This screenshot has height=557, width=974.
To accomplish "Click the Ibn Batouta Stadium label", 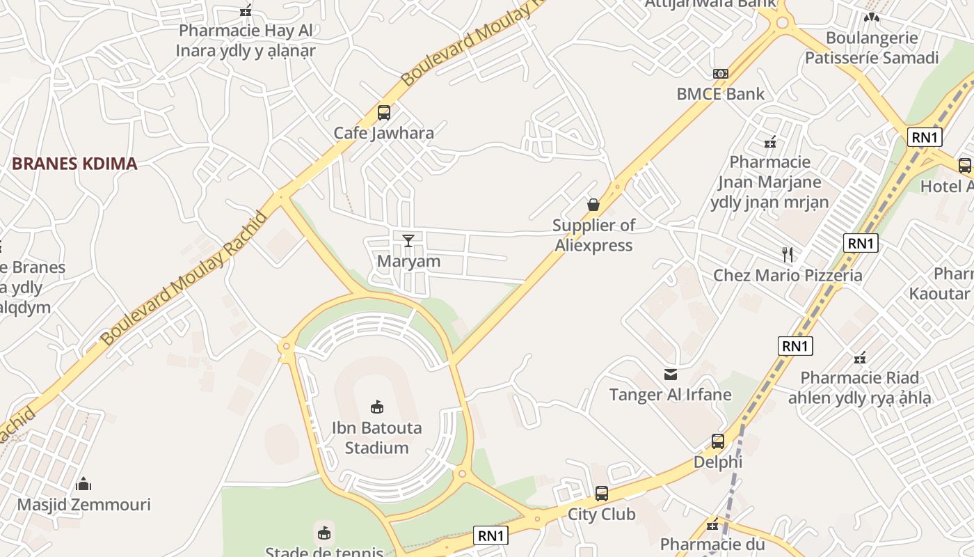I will (376, 437).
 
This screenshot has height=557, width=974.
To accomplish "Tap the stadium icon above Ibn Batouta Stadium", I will (377, 407).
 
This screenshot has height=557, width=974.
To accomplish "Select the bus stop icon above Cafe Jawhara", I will (383, 113).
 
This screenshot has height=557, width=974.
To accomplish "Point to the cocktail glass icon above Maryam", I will (408, 241).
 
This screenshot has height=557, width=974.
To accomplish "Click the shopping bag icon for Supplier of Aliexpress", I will (593, 205).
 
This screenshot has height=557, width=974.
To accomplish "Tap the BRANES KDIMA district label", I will (74, 164).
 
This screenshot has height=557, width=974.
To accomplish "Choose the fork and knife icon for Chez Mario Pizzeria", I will (788, 254).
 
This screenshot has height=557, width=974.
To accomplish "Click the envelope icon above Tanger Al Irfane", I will (671, 375).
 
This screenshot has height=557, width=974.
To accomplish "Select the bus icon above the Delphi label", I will (718, 441).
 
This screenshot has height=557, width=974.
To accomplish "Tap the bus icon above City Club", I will (602, 494).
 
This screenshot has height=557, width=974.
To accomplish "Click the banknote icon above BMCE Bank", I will (721, 74).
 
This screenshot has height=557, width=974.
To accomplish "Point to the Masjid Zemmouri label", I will (83, 504).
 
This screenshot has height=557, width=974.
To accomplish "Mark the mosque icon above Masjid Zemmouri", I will (83, 484).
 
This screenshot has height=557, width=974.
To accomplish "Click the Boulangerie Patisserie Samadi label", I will (872, 47).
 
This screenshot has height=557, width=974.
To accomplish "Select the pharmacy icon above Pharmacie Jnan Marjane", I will (770, 142).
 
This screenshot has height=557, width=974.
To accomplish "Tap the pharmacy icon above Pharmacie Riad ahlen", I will (860, 358).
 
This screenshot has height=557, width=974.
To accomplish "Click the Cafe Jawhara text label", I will (383, 133).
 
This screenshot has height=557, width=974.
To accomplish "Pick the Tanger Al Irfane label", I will (671, 395).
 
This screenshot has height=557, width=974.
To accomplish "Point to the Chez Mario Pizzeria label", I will (788, 275).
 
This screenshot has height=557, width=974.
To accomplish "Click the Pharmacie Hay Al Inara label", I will (246, 40).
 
